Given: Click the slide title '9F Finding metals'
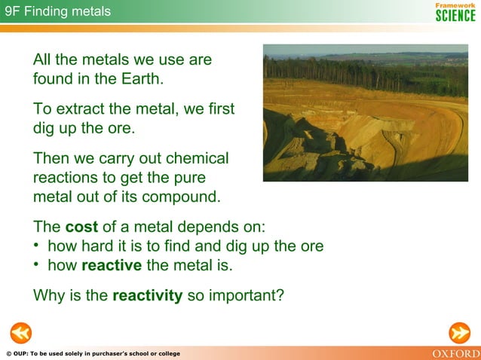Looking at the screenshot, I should click(x=57, y=11).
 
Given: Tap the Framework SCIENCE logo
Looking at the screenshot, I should click(x=455, y=11).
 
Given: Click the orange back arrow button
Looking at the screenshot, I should click(x=20, y=331).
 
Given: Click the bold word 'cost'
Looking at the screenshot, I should click(x=82, y=227).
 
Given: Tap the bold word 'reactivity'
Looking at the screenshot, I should click(x=147, y=295).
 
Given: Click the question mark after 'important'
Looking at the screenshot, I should click(x=280, y=295).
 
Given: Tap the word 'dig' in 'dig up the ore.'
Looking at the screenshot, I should click(x=44, y=128).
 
